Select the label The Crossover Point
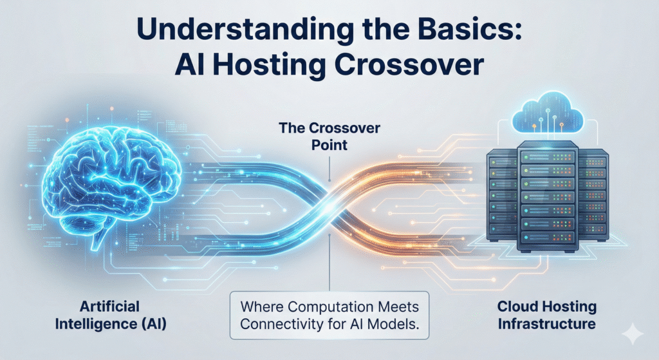pos(329,137)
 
